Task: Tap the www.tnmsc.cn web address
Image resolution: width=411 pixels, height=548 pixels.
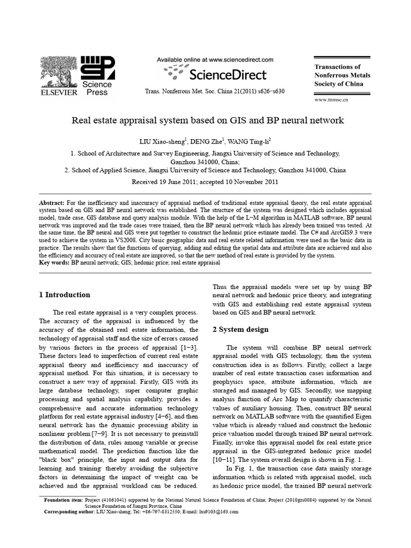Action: point(331,100)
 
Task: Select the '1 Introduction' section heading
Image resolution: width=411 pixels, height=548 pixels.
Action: point(65,295)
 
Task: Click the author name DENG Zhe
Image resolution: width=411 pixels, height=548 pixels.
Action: point(207,142)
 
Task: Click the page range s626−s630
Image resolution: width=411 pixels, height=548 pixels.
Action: point(267,91)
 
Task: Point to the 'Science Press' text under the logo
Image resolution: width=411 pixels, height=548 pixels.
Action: point(96,88)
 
